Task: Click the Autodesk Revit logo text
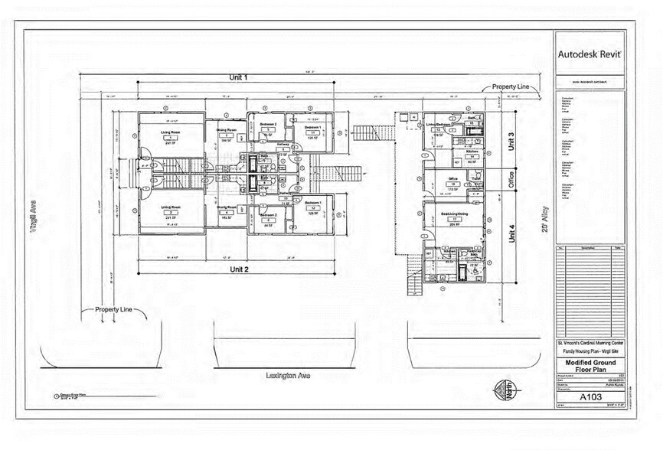(x=590, y=54)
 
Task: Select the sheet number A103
(x=590, y=397)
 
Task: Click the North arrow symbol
(x=502, y=387)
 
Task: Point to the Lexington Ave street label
(x=287, y=376)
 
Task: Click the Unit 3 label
(x=511, y=142)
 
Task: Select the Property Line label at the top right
(x=511, y=87)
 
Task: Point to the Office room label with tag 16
(x=453, y=181)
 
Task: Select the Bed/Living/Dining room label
(x=452, y=214)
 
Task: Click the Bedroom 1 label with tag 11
(x=313, y=128)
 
